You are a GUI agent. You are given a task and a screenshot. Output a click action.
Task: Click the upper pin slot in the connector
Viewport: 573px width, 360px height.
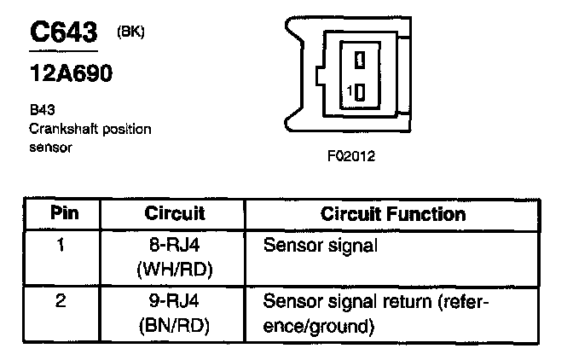[x=361, y=60]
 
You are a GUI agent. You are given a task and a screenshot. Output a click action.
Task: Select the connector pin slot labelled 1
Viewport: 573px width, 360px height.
[x=361, y=92]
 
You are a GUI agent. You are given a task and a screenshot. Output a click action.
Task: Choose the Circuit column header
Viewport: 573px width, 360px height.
[x=174, y=213]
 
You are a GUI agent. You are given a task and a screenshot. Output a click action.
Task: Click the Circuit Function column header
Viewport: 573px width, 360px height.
[x=393, y=213]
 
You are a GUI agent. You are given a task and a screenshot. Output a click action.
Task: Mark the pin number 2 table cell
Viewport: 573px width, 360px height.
[x=62, y=301]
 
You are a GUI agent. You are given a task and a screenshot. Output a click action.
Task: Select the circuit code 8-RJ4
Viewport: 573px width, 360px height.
[x=174, y=247]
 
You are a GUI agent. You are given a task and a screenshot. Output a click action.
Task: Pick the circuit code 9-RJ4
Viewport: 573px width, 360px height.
[x=174, y=302]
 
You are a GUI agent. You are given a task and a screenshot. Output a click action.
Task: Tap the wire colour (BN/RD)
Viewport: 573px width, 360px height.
[x=174, y=325]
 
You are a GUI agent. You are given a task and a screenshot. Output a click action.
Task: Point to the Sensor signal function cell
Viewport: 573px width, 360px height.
[x=321, y=247]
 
